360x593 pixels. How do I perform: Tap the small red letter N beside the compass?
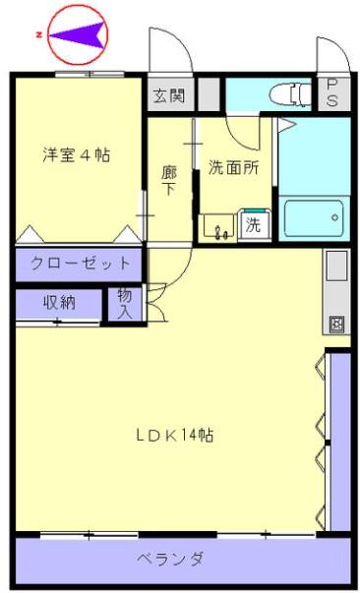point(38,35)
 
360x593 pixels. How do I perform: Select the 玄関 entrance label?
point(169,95)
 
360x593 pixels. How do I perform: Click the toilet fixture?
point(291,93)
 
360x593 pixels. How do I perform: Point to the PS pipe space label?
point(332,93)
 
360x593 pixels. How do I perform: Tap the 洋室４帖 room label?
point(76,154)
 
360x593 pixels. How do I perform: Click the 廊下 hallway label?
point(168,181)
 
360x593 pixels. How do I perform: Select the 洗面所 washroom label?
point(233,168)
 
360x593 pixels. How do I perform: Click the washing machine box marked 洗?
point(254,225)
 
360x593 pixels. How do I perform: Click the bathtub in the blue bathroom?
point(314,218)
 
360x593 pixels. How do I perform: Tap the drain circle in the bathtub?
point(334,218)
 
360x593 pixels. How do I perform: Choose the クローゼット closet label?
point(80,263)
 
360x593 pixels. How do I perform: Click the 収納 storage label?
point(59,303)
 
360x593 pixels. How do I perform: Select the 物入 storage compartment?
point(125,304)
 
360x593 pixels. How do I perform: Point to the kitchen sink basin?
point(336,266)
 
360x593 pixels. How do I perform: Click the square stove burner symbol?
point(338,324)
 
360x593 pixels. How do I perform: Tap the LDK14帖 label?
point(174,435)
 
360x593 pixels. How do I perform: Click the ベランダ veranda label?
point(170,559)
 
